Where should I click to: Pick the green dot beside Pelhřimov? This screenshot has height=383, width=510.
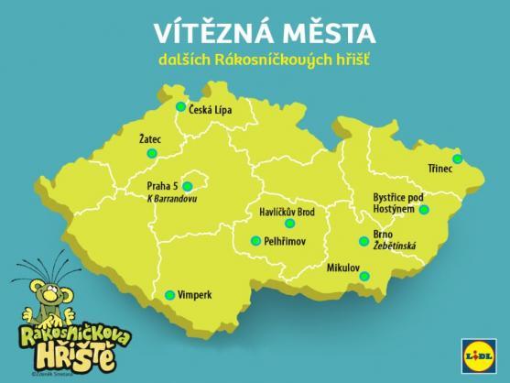pyautogui.click(x=256, y=240)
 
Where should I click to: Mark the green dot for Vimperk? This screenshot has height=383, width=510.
pyautogui.click(x=169, y=295)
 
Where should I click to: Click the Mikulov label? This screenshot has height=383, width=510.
pyautogui.click(x=344, y=268)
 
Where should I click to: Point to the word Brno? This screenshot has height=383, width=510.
pyautogui.click(x=383, y=235)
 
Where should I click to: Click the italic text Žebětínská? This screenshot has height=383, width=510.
pyautogui.click(x=395, y=246)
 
